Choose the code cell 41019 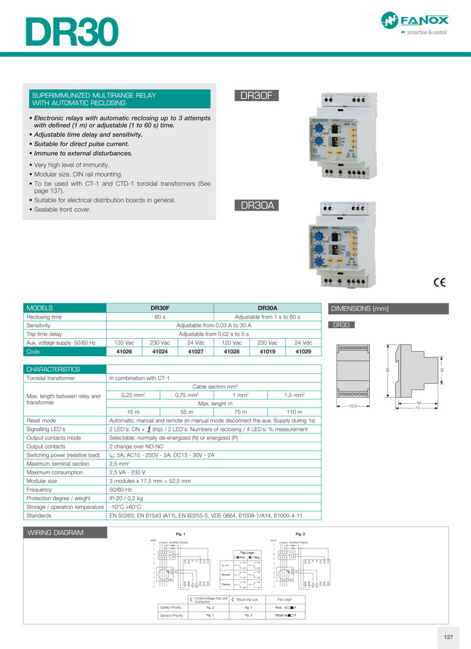[268, 352]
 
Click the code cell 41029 [304, 352]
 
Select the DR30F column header [160, 308]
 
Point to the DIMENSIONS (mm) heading [360, 308]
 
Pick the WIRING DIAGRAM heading [56, 533]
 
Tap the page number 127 [448, 638]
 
